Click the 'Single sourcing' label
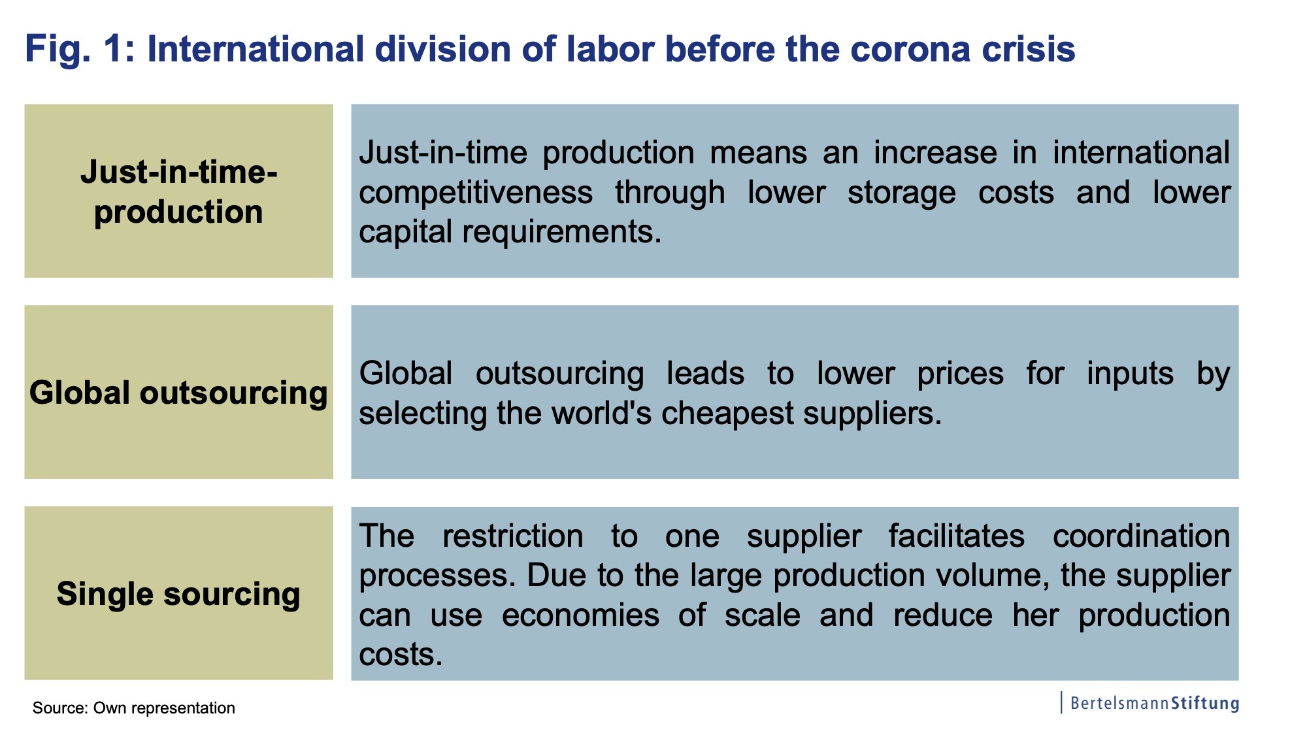[x=178, y=595]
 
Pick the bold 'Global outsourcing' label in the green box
[x=178, y=393]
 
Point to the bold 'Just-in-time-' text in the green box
[x=179, y=172]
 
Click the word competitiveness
[x=476, y=193]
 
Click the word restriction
[x=513, y=536]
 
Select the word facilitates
[x=957, y=536]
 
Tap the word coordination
[x=1142, y=536]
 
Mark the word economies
[x=581, y=615]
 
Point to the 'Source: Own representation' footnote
[x=134, y=708]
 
